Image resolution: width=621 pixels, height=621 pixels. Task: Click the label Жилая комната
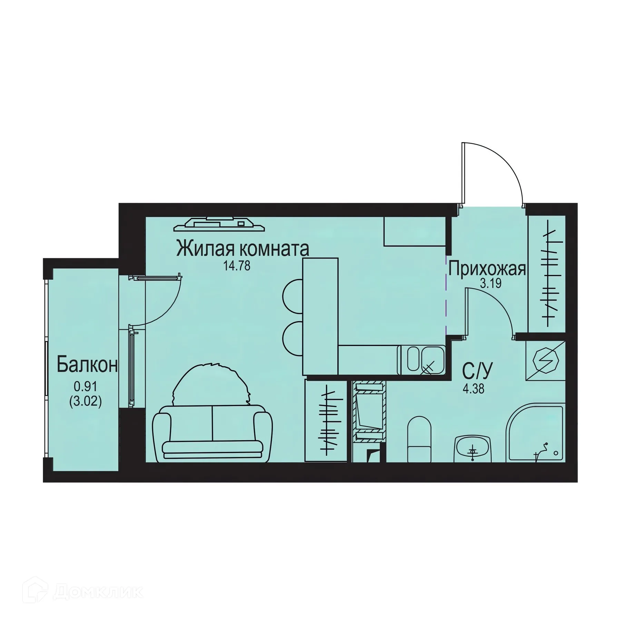pyautogui.click(x=243, y=249)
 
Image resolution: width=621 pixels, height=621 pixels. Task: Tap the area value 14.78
pyautogui.click(x=237, y=266)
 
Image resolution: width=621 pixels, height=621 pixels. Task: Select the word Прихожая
pyautogui.click(x=487, y=269)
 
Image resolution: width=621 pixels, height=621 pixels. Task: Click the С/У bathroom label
pyautogui.click(x=477, y=371)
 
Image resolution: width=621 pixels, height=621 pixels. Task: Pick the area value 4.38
pyautogui.click(x=474, y=389)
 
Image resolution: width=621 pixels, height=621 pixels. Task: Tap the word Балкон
pyautogui.click(x=87, y=365)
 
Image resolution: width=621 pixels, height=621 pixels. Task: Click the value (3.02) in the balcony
pyautogui.click(x=86, y=402)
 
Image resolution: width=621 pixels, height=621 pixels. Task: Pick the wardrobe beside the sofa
pyautogui.click(x=326, y=420)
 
